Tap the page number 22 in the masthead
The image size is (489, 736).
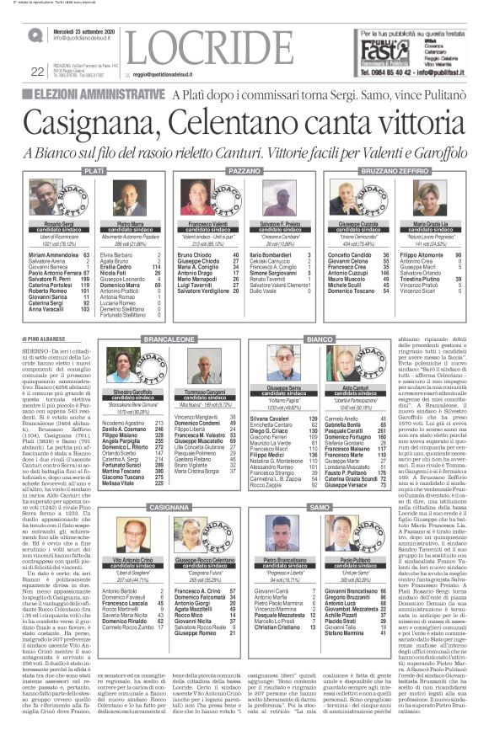click(x=13, y=72)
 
